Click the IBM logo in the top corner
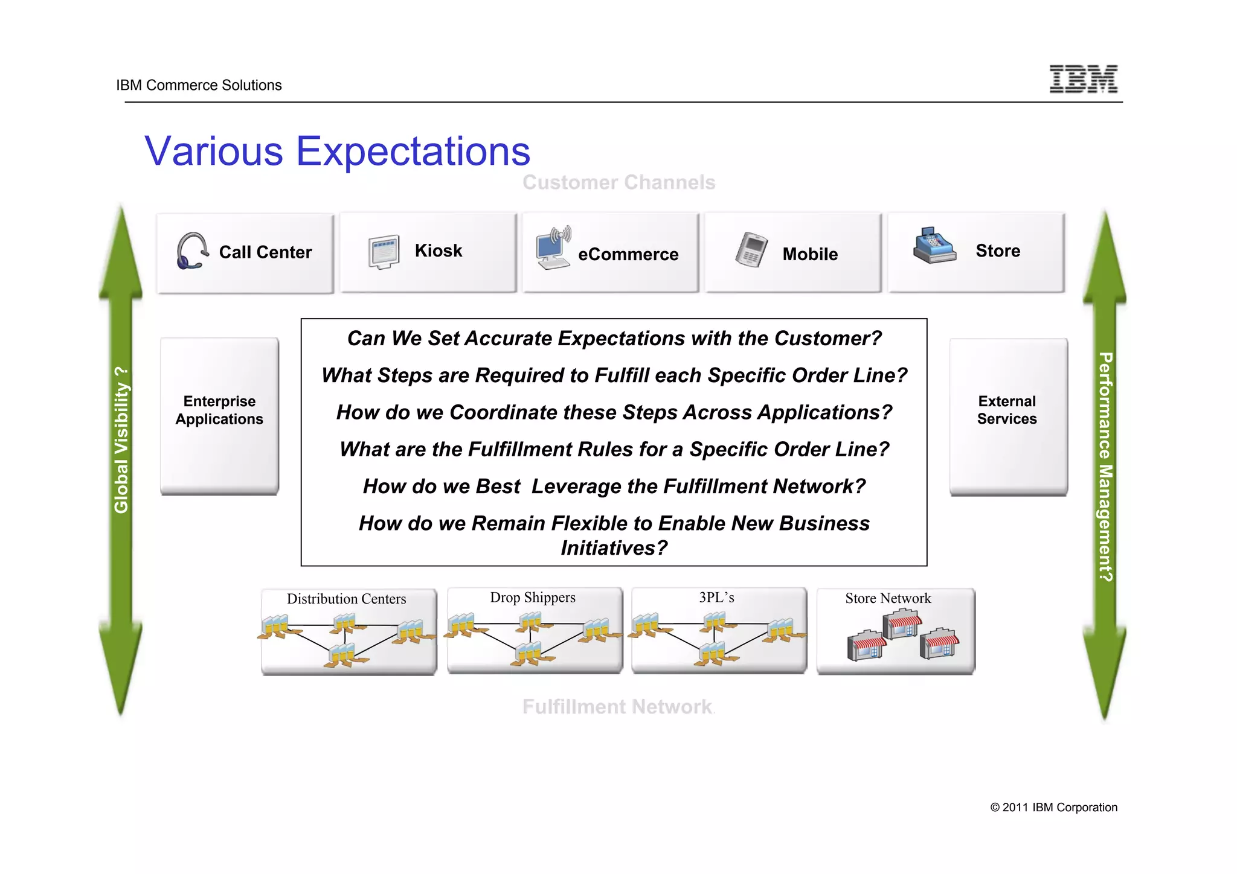(1083, 79)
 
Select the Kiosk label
(438, 250)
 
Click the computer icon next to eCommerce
(553, 248)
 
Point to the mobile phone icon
(751, 249)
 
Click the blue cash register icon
(934, 246)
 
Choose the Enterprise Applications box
(219, 415)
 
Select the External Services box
(1007, 416)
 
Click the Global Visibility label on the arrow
(121, 440)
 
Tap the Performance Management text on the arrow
(1105, 467)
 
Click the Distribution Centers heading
(346, 599)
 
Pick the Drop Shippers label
(532, 598)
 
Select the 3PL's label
(716, 598)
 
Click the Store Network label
(888, 598)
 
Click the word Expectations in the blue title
(413, 152)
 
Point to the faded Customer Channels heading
(618, 182)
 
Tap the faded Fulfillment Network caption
(617, 706)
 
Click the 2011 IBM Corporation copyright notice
(1053, 808)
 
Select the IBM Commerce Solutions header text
(199, 85)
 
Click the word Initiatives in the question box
(614, 548)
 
